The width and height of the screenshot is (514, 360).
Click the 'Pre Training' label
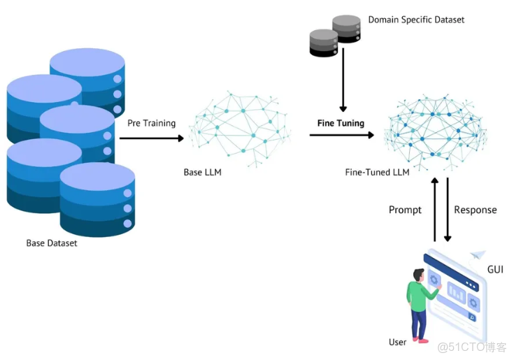pyautogui.click(x=151, y=123)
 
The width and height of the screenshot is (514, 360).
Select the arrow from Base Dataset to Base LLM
pyautogui.click(x=151, y=138)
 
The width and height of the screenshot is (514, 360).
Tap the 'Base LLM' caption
pyautogui.click(x=202, y=172)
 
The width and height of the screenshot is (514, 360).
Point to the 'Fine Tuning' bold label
pyautogui.click(x=341, y=123)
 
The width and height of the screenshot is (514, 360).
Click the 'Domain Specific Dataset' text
pyautogui.click(x=416, y=20)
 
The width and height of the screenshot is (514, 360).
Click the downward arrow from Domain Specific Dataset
pyautogui.click(x=343, y=84)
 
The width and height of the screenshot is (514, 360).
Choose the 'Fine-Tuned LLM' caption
pyautogui.click(x=378, y=172)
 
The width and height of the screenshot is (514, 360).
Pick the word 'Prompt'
pyautogui.click(x=405, y=210)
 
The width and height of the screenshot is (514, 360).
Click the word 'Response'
pyautogui.click(x=476, y=210)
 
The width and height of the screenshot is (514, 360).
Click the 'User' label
pyautogui.click(x=397, y=342)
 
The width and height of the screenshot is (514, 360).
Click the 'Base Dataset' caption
pyautogui.click(x=52, y=243)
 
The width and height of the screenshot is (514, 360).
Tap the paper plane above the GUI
pyautogui.click(x=478, y=256)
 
